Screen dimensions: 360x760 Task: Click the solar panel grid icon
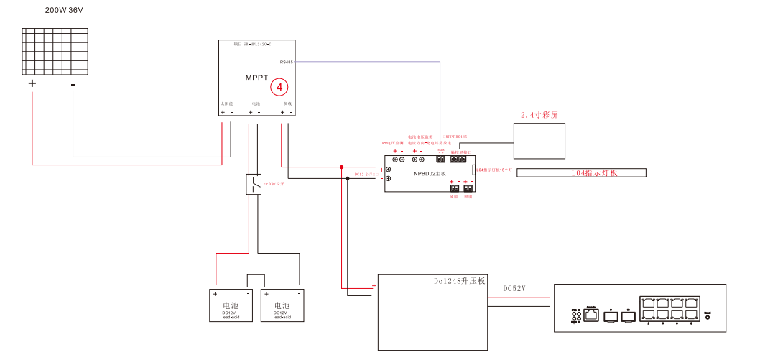[x=55, y=51]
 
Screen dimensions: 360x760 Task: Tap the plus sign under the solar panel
[x=32, y=83]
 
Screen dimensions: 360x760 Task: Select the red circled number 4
[x=279, y=88]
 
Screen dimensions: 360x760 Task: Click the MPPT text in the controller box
[x=256, y=77]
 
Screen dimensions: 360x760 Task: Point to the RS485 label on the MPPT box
[x=286, y=62]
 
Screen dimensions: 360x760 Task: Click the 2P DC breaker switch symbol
[x=254, y=184]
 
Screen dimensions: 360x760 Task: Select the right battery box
[x=282, y=305]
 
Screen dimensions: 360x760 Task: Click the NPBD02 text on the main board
[x=430, y=173]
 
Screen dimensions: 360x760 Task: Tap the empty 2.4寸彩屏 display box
[x=539, y=141]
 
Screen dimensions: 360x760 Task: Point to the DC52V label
[x=514, y=289]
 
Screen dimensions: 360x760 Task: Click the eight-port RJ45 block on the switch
[x=669, y=308]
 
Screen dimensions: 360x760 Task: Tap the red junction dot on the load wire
[x=342, y=167]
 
